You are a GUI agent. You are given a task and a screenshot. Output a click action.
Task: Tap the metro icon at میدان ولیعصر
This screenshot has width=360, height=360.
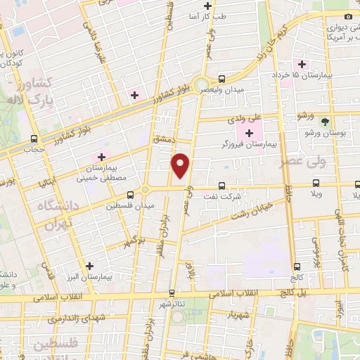click(x=222, y=79)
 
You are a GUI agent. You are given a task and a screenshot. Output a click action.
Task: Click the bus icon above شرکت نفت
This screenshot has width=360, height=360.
click(x=222, y=186)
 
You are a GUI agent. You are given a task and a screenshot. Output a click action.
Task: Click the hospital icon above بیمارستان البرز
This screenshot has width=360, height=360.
click(x=89, y=266)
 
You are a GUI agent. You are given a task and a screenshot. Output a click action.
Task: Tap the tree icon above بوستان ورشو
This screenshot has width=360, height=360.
click(x=324, y=122)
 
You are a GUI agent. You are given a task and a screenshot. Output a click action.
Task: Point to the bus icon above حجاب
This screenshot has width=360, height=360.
click(x=35, y=139)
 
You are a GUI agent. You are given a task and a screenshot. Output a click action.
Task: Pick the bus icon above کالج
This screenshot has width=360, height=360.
click(x=297, y=266)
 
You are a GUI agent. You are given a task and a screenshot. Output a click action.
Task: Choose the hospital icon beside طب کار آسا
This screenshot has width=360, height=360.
click(x=207, y=6)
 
